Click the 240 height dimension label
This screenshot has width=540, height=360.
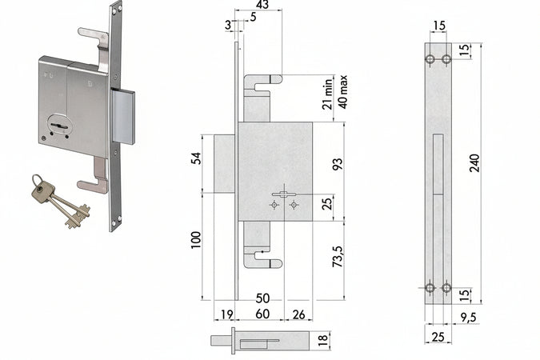point(474,163)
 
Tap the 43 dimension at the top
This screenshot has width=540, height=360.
point(262,5)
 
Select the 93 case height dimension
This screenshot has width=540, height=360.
point(338,164)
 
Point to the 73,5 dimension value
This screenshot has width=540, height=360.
point(338,256)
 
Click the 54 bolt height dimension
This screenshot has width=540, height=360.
point(196,158)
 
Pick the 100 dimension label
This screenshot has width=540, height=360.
point(195,240)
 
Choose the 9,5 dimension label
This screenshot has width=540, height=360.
point(469,318)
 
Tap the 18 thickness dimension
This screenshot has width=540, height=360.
point(322,339)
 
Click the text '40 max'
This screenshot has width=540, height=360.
point(343,92)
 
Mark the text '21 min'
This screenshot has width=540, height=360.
point(327,94)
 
